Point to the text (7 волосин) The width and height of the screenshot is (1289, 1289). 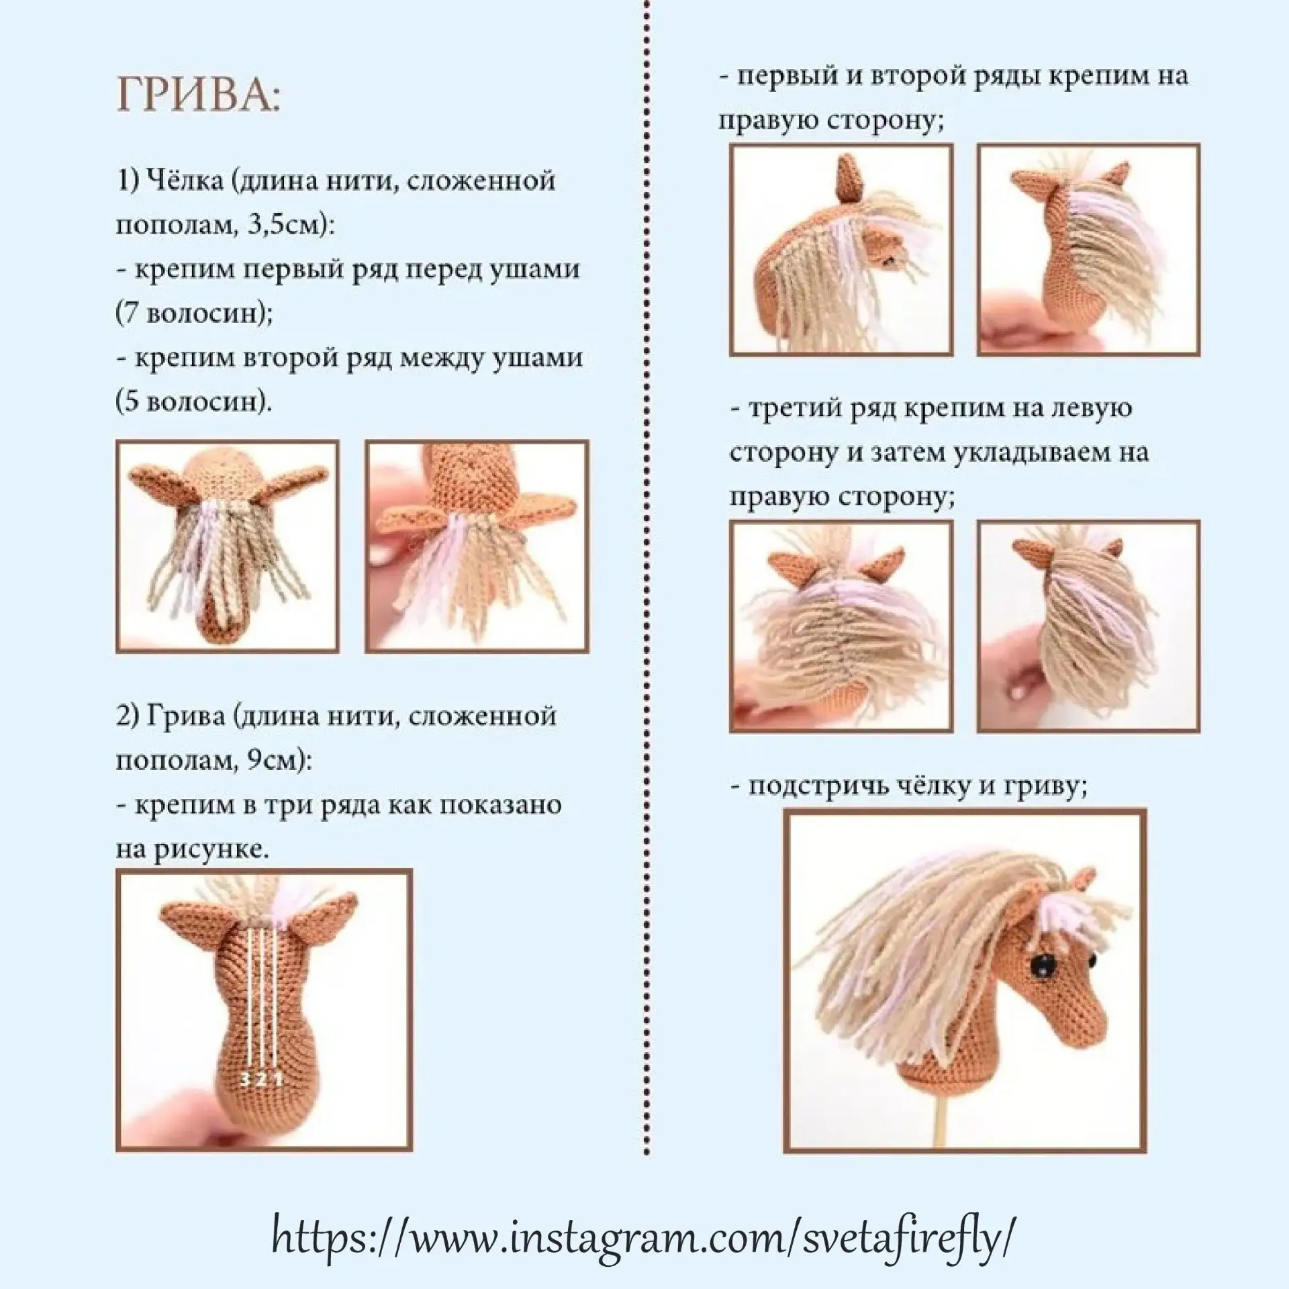pyautogui.click(x=195, y=314)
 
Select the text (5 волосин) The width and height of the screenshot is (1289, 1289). pyautogui.click(x=195, y=401)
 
